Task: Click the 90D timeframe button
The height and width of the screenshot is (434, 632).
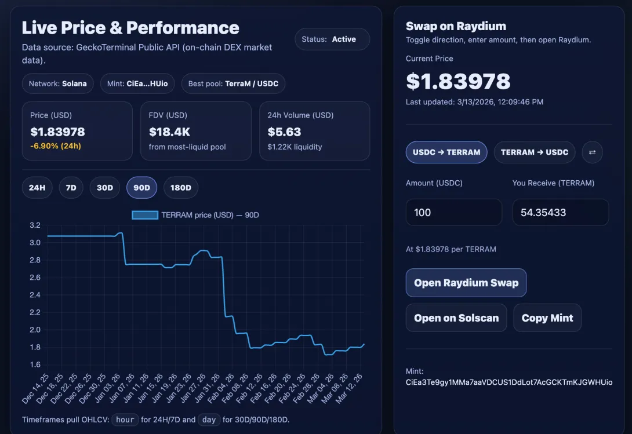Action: click(x=141, y=187)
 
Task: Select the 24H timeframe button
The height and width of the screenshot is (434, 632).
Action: click(x=37, y=187)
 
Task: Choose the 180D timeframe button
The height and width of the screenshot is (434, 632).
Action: click(x=180, y=187)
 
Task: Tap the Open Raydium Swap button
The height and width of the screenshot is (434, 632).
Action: click(x=466, y=283)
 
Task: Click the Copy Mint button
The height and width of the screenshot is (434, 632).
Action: click(x=547, y=318)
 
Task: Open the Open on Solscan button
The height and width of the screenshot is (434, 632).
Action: click(x=456, y=318)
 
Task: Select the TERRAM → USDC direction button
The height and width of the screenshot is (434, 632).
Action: click(x=535, y=152)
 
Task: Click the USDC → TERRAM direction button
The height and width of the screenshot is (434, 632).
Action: click(x=446, y=152)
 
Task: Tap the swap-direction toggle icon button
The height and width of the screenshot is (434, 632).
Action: click(x=592, y=152)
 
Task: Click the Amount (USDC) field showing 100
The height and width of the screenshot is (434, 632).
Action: click(x=454, y=213)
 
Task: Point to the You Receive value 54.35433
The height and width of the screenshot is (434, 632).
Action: click(x=543, y=213)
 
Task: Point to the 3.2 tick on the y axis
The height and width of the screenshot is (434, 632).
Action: click(x=35, y=225)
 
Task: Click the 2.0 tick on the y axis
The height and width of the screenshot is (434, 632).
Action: click(x=35, y=330)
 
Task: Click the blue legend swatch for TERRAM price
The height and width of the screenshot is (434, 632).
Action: click(x=145, y=215)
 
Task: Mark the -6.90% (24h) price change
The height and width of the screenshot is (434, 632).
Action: click(x=56, y=146)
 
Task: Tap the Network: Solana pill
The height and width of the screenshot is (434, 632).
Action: click(x=57, y=83)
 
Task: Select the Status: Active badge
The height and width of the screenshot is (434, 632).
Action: click(x=332, y=39)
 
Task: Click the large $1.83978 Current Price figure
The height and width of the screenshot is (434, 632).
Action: click(x=458, y=81)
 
